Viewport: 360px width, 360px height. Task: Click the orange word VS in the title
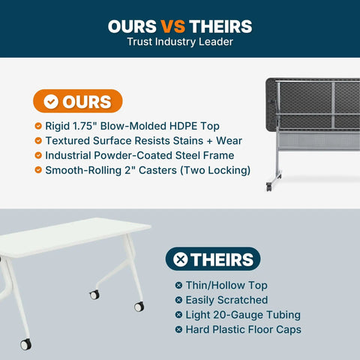tap(172, 26)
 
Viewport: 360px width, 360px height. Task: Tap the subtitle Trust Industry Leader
tap(180, 42)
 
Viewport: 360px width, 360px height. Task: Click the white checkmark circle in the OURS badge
tap(51, 101)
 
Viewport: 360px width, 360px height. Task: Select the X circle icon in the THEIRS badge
tap(181, 259)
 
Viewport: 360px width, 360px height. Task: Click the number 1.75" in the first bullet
tap(82, 126)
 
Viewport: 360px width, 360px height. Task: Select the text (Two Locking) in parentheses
tap(215, 170)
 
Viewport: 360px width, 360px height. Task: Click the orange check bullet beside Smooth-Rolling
tap(38, 170)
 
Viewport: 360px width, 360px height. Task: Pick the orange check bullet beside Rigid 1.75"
tap(38, 126)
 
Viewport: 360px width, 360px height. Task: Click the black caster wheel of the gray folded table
tap(269, 187)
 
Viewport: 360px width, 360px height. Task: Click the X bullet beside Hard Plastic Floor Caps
tap(178, 329)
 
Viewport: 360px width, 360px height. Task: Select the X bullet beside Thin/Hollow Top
tap(178, 285)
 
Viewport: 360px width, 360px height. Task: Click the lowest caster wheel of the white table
tap(25, 344)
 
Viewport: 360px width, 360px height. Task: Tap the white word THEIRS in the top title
tap(220, 26)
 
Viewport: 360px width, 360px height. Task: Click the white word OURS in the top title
tap(132, 26)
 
